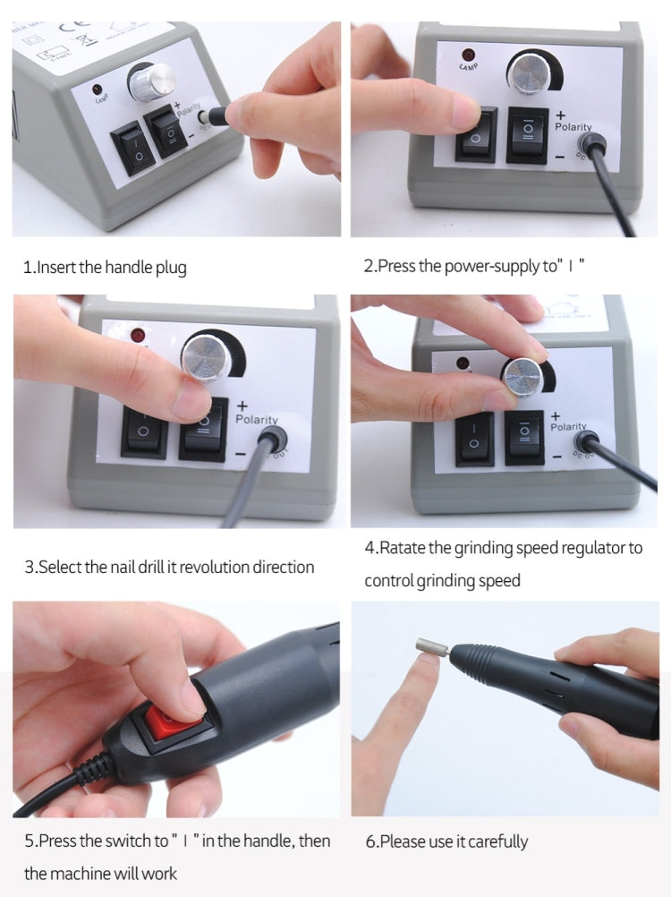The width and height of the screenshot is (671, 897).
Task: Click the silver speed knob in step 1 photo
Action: pos(143,82)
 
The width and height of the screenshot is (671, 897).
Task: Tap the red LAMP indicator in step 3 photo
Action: pos(139,336)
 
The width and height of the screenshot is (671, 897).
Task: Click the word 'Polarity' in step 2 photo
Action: pos(573,127)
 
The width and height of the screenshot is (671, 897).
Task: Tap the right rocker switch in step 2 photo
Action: pos(527,134)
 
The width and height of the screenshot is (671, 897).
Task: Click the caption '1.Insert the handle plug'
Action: pos(105,267)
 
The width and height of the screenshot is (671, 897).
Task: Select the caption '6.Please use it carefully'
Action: pos(446,841)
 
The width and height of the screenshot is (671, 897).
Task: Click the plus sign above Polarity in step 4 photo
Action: pos(556,415)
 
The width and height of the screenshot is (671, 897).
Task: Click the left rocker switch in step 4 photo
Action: pos(474,439)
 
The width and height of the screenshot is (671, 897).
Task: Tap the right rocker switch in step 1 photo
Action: pos(170,133)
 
